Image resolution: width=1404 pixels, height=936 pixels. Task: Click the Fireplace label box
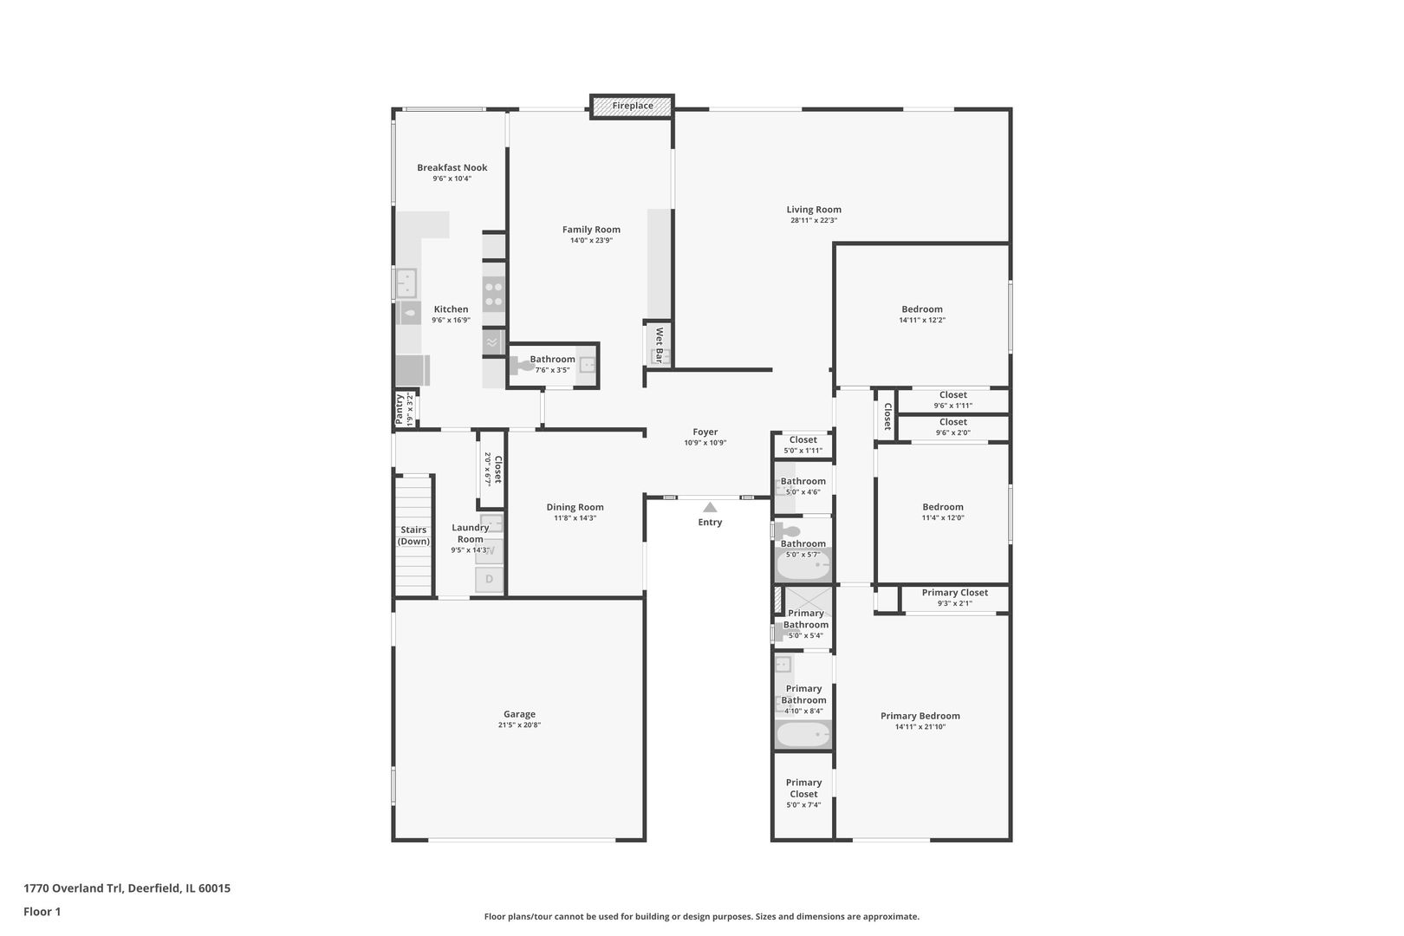(632, 106)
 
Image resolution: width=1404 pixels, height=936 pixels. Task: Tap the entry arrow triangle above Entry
(710, 507)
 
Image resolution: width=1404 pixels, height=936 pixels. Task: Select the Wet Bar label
(659, 344)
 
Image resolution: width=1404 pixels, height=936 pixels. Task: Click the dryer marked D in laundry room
(489, 579)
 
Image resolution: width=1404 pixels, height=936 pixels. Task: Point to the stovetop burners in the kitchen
(494, 295)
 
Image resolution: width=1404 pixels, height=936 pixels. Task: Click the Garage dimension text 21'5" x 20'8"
(519, 725)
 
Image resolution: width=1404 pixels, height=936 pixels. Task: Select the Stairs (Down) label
(413, 536)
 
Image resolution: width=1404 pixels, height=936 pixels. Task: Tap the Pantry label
(400, 409)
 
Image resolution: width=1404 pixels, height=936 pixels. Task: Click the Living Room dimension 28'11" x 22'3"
(813, 220)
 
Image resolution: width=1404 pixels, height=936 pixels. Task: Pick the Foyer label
(705, 432)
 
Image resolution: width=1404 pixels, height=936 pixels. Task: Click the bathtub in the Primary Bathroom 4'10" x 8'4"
(803, 736)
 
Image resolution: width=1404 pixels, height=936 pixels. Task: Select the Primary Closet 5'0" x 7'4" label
(803, 788)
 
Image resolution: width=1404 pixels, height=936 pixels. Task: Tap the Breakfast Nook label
(452, 167)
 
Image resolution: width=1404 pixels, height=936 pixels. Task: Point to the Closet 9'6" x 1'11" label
(952, 395)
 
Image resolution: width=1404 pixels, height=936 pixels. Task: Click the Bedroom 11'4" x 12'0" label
(942, 507)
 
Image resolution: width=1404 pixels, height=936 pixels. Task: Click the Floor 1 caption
(42, 912)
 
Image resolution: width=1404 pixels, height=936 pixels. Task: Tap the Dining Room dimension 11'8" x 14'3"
(575, 518)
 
